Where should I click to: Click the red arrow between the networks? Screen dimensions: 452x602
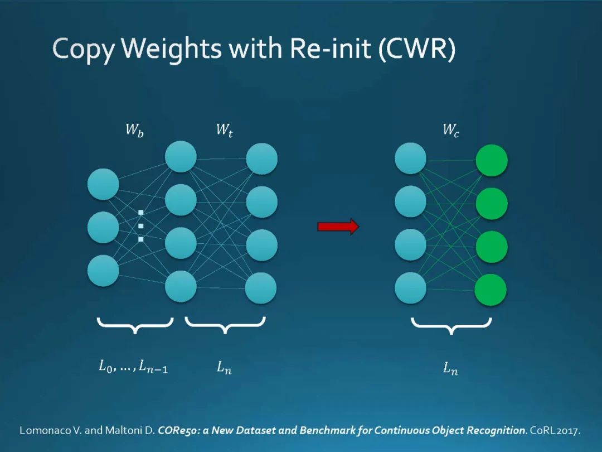pos(338,226)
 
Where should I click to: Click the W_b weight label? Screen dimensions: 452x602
pos(134,131)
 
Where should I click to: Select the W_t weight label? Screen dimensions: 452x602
pos(224,131)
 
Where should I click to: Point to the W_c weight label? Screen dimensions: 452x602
pos(451,131)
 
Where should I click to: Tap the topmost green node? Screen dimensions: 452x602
pos(491,161)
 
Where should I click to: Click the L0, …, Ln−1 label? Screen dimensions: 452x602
pos(133,367)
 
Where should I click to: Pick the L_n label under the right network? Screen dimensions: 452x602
pos(450,368)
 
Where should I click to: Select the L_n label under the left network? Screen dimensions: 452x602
pos(224,368)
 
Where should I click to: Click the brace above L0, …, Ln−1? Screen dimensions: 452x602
pos(135,325)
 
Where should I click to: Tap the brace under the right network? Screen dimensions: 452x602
pos(451,325)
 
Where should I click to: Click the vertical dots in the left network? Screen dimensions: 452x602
pos(141,225)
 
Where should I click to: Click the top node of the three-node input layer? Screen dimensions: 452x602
pos(103,184)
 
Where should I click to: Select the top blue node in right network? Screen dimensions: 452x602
pos(410,158)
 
